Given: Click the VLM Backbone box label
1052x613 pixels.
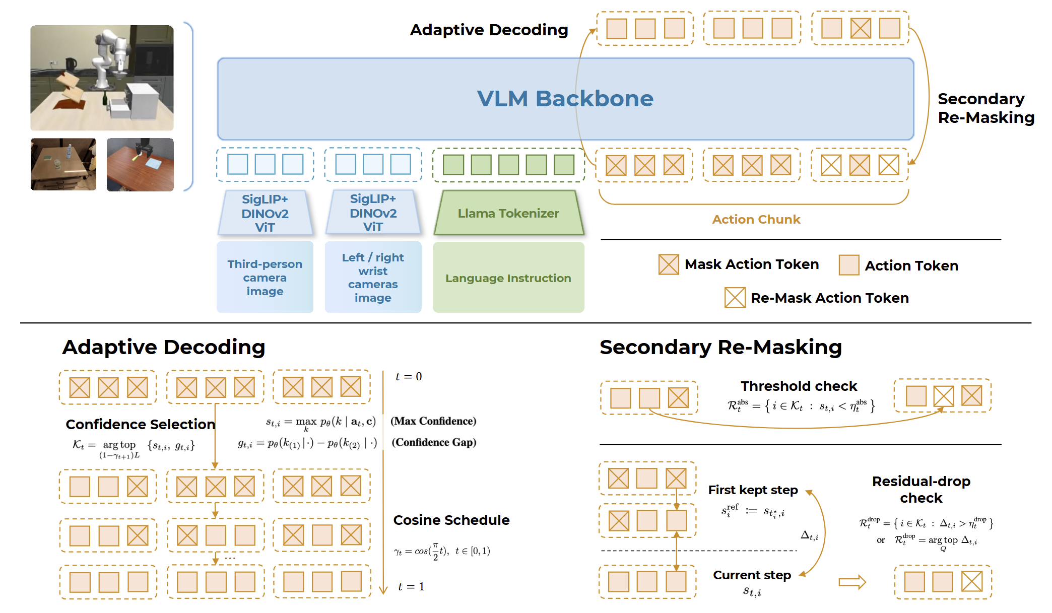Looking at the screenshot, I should coord(565,99).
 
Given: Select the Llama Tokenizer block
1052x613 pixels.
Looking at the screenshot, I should coord(508,213).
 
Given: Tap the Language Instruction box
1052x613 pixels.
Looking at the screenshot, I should coord(508,278).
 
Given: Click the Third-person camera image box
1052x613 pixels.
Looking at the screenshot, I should coord(265,278).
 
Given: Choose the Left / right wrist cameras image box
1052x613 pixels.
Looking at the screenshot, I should coord(373,278).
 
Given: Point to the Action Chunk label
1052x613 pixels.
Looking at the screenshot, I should coord(756,220).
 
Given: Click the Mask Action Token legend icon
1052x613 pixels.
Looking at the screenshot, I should coord(669,264).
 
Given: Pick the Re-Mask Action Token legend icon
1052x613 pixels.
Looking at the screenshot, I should coord(735,298).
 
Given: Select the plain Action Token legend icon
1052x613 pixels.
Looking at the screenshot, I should coord(848,265).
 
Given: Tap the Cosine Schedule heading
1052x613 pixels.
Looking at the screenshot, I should coord(451,520).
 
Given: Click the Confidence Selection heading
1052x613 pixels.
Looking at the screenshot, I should coord(140,424).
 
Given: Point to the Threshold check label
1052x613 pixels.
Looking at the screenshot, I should coord(799,386).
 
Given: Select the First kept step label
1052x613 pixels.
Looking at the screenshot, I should coord(753,490).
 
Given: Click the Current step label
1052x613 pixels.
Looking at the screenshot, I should coord(752,575).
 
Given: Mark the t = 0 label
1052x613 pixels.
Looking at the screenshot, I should coord(409,377).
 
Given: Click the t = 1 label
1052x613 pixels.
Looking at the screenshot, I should coord(411,587).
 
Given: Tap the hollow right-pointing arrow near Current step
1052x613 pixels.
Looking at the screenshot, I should coord(852,582).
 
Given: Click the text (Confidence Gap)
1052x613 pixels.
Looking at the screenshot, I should coord(434,442).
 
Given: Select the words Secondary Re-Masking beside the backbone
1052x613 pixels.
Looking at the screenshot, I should coord(985,108).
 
